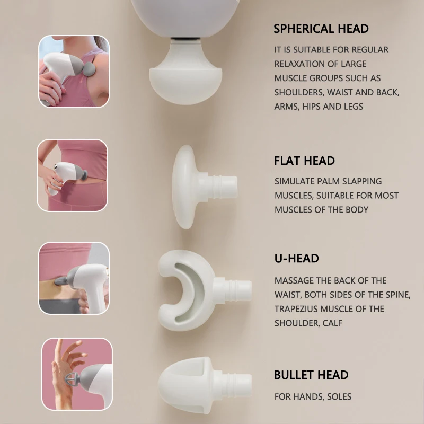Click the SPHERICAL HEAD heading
click(x=321, y=29)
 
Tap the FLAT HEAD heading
click(x=304, y=161)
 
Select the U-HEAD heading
click(x=296, y=259)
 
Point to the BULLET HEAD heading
click(x=311, y=375)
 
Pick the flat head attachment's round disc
click(x=183, y=187)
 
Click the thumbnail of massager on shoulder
click(x=74, y=72)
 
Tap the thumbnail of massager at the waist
click(x=73, y=175)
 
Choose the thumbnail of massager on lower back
click(x=74, y=278)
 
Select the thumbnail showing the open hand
click(x=77, y=374)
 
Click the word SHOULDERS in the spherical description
click(x=298, y=92)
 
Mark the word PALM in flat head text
click(x=330, y=181)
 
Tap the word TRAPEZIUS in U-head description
click(x=298, y=309)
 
